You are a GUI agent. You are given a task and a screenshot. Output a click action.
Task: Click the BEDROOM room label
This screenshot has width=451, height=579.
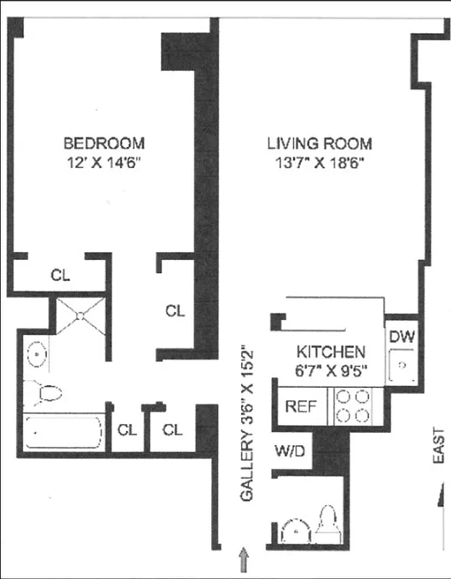(x=104, y=143)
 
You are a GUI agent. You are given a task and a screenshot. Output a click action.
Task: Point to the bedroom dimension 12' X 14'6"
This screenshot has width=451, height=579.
(x=104, y=163)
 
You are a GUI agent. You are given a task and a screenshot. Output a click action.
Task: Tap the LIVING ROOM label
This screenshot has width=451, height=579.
(x=319, y=143)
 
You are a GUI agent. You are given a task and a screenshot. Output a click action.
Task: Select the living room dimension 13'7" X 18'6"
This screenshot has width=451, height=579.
(x=319, y=163)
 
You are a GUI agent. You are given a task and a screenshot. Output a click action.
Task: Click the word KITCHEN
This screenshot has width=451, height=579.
(x=330, y=352)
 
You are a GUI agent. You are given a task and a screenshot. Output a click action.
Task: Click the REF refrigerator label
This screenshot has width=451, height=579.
(x=301, y=405)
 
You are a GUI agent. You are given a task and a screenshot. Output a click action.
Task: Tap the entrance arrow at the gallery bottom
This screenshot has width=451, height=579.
(x=243, y=559)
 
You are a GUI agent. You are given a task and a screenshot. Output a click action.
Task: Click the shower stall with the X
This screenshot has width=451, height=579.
(x=80, y=315)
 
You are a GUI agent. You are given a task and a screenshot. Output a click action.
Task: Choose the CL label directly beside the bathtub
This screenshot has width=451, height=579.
(x=127, y=430)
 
